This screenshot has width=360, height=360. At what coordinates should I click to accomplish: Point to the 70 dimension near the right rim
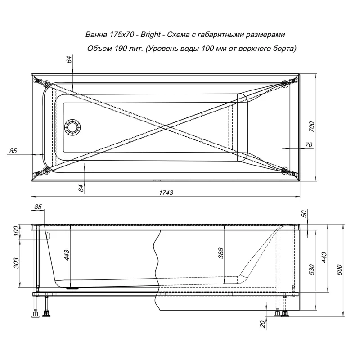308,144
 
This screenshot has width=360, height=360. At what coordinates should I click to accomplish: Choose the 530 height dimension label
311,269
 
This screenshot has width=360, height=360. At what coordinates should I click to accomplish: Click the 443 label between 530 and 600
324,257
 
